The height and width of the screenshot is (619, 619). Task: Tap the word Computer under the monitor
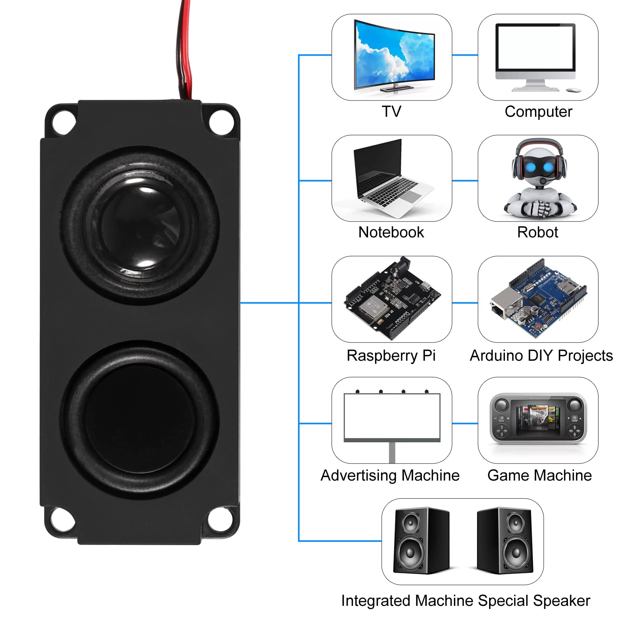click(x=538, y=112)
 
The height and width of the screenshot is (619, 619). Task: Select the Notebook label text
click(x=391, y=232)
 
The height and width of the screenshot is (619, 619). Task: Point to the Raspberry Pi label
click(x=391, y=356)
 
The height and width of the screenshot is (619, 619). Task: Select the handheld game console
click(x=538, y=419)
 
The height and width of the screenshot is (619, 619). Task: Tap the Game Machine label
click(x=539, y=476)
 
